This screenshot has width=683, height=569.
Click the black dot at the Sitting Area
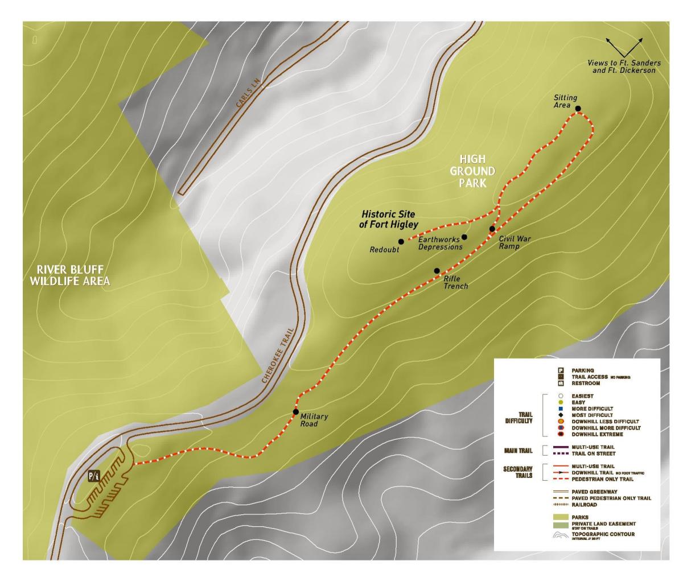click(578, 108)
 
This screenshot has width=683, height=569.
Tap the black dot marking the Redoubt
click(401, 242)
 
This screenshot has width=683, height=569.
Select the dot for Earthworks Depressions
click(464, 237)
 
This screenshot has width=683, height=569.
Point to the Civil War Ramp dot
click(492, 229)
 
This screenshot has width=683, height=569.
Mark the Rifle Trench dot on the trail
click(437, 271)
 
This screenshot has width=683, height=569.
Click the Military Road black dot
click(296, 411)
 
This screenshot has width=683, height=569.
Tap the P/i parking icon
click(94, 476)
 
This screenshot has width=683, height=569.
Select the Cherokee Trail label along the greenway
click(278, 355)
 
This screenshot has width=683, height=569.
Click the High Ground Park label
click(472, 171)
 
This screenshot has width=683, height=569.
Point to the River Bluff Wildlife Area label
click(71, 275)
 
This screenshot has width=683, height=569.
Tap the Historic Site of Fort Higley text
click(388, 219)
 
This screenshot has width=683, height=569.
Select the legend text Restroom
click(586, 384)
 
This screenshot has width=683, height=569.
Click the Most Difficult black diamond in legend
click(561, 415)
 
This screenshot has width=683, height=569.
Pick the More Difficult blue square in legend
click(561, 409)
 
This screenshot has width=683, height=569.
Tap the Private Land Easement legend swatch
click(561, 525)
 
